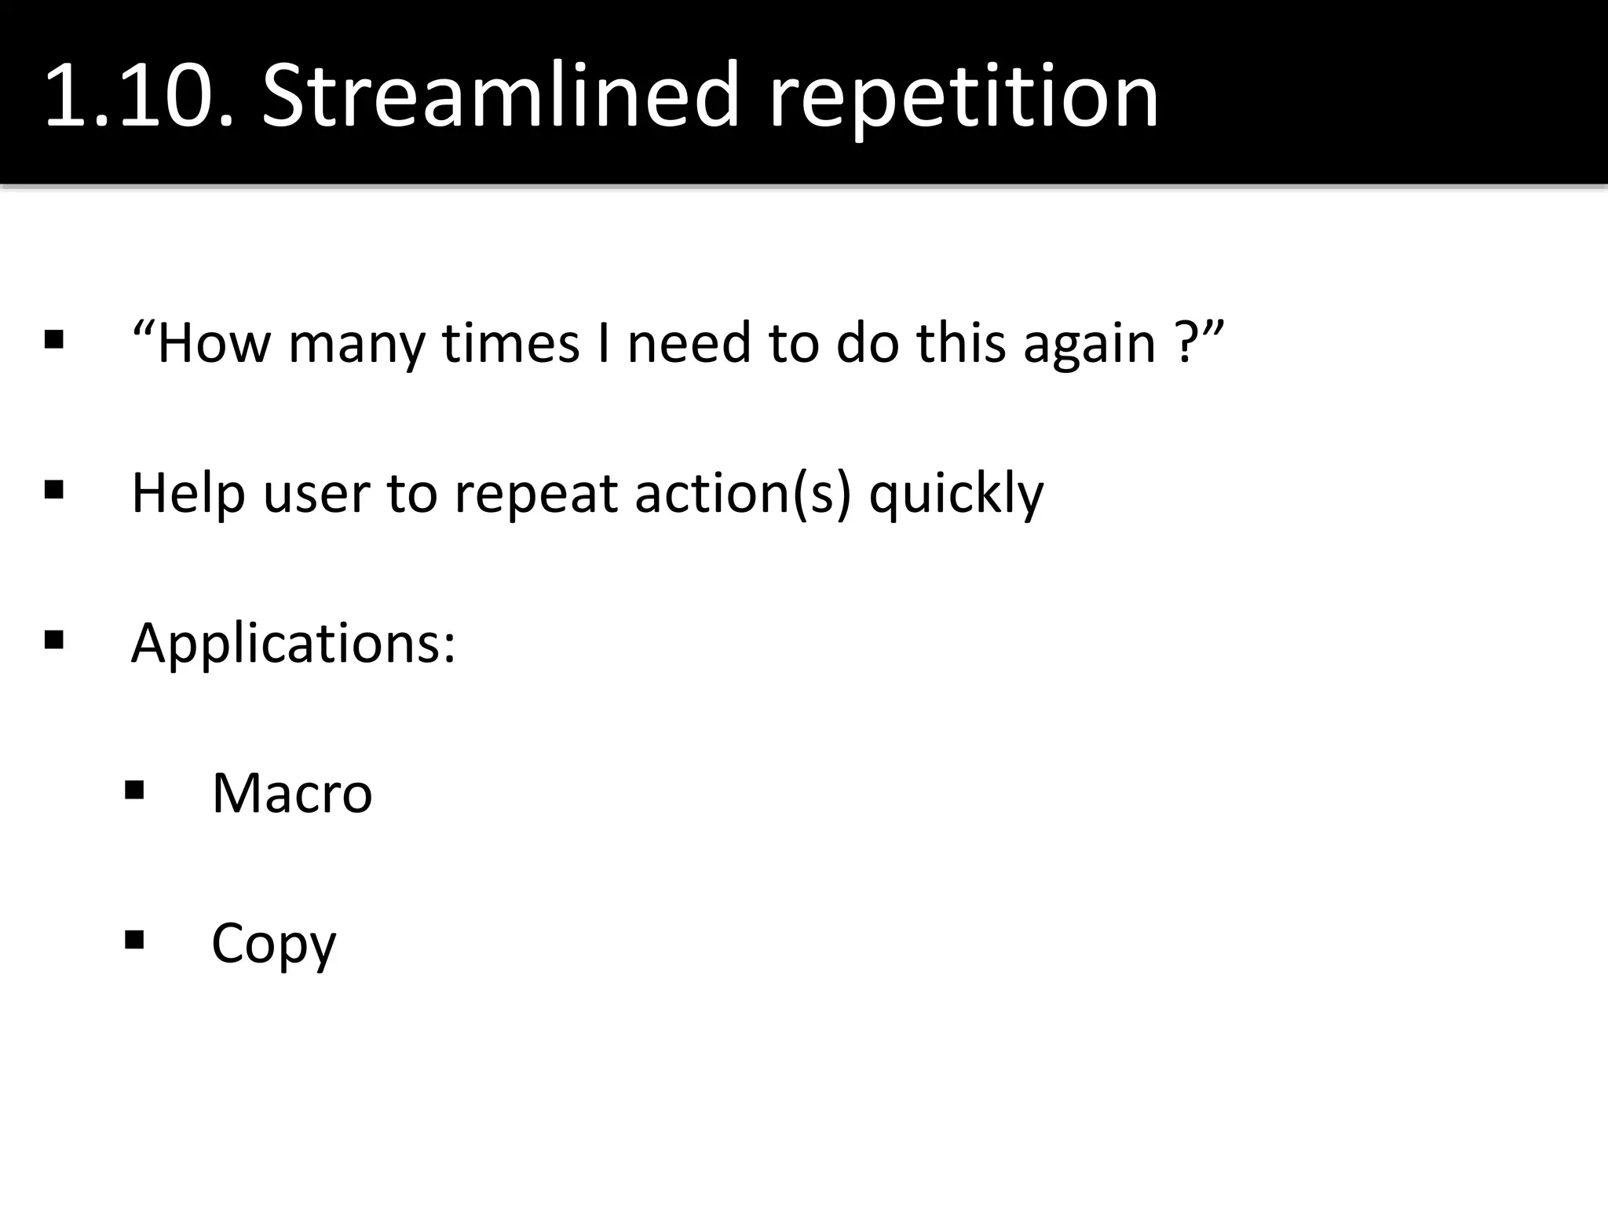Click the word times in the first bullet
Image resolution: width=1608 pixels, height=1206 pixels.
coord(511,344)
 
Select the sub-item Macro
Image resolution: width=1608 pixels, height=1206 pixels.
coord(292,794)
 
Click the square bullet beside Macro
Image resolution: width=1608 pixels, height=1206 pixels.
coord(134,789)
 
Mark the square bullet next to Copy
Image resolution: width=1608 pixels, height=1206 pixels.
coord(134,939)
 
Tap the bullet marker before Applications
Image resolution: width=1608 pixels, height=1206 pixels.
coord(54,640)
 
